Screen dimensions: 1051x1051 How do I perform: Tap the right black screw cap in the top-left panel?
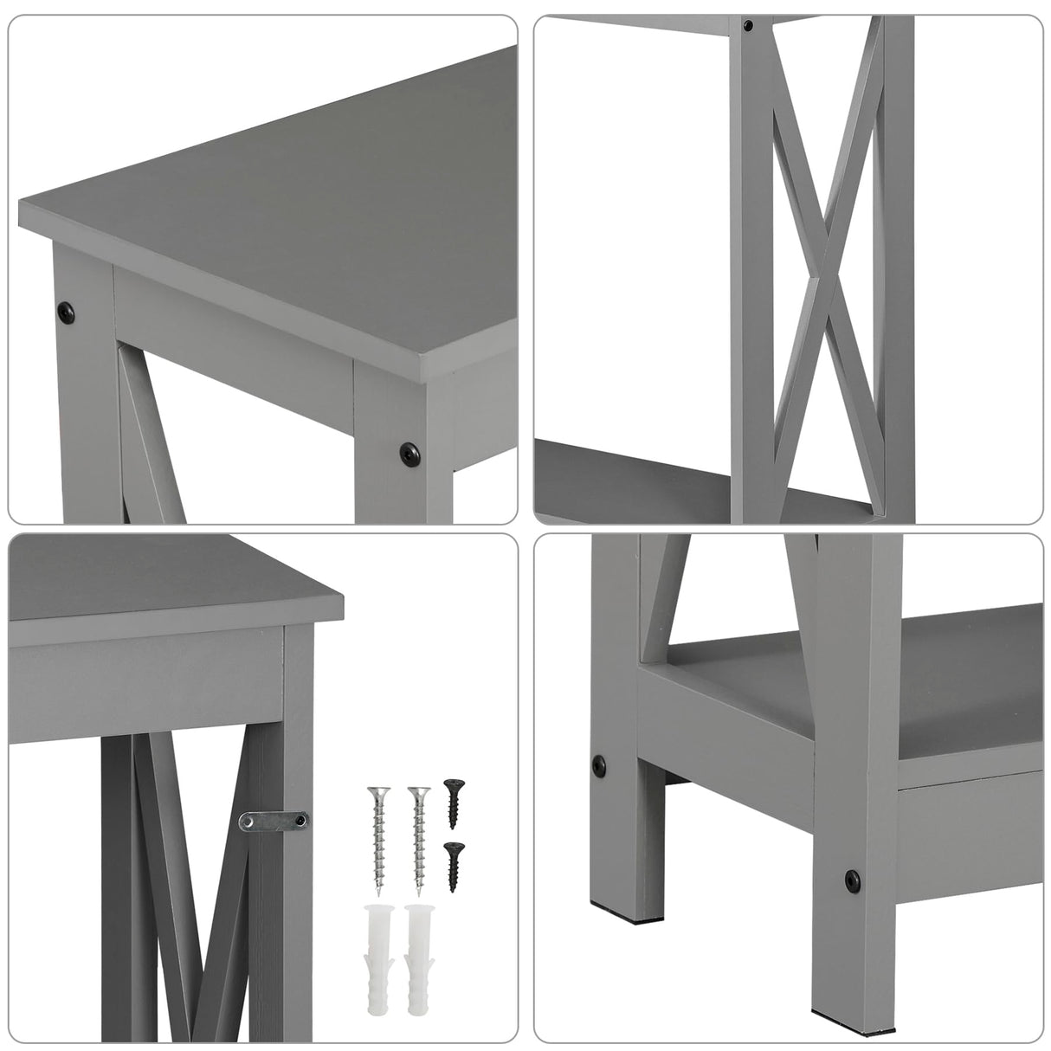click(406, 450)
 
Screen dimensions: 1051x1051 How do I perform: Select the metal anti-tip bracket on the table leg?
click(272, 817)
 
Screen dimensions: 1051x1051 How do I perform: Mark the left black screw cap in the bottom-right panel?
click(598, 764)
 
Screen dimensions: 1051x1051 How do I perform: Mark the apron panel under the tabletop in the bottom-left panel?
click(147, 684)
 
